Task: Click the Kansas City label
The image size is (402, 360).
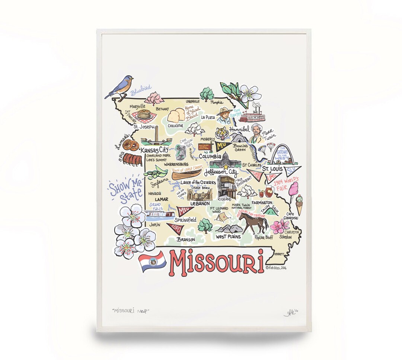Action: (x=153, y=149)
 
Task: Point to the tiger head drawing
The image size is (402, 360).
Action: (x=222, y=133)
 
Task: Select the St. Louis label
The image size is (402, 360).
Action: (x=271, y=169)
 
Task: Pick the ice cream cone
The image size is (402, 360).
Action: (x=299, y=204)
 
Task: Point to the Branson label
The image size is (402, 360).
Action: (x=186, y=239)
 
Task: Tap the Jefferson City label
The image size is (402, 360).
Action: (x=220, y=172)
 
